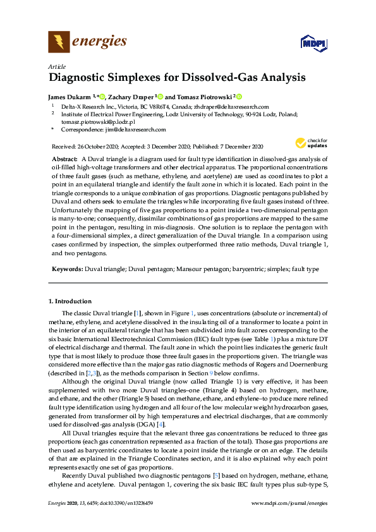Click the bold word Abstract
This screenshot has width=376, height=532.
pyautogui.click(x=64, y=158)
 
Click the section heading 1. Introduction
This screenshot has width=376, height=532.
pyautogui.click(x=70, y=301)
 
